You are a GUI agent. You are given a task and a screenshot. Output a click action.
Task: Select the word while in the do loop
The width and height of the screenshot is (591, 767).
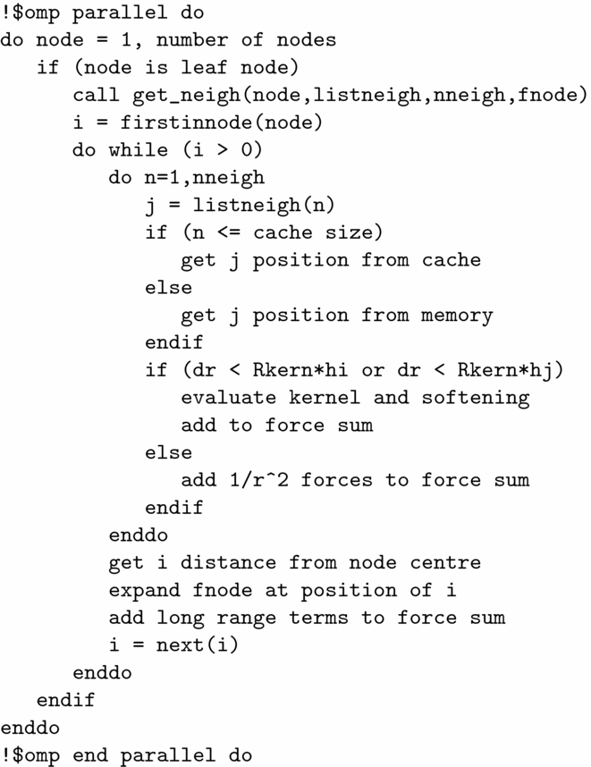[138, 150]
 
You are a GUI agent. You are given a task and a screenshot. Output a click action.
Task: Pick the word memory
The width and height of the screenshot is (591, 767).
[456, 316]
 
